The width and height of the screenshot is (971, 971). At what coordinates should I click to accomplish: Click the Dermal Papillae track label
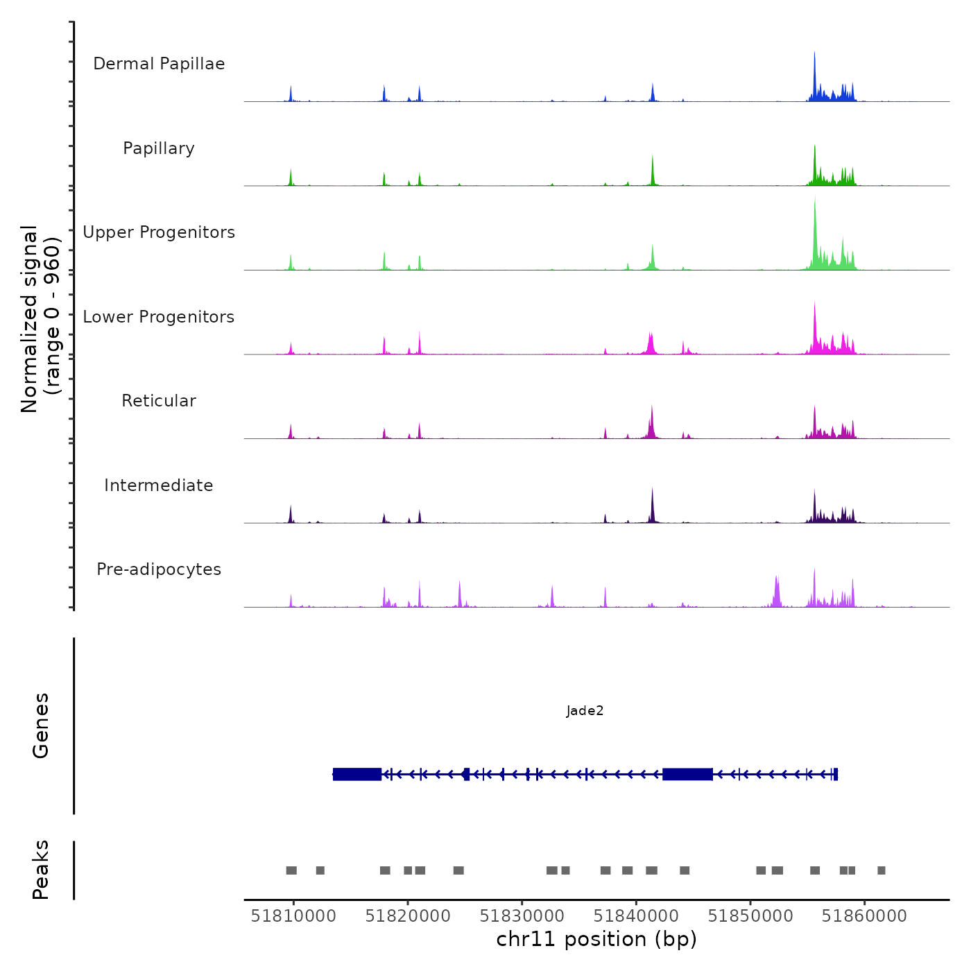(x=159, y=64)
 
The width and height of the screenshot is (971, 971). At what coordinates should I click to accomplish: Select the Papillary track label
(x=159, y=148)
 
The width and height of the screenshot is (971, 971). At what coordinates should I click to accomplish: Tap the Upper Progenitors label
(x=159, y=232)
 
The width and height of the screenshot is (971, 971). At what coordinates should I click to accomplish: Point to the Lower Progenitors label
(x=159, y=317)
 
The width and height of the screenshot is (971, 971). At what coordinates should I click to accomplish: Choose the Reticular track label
(x=159, y=401)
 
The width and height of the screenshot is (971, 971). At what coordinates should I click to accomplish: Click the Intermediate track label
(x=159, y=486)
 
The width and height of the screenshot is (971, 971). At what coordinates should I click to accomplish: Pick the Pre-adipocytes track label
(x=159, y=569)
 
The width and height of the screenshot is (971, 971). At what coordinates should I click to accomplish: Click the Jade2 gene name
(x=585, y=711)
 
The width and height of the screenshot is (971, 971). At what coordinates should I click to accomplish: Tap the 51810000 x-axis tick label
(x=293, y=916)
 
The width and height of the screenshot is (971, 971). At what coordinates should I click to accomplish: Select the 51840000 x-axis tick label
(x=636, y=916)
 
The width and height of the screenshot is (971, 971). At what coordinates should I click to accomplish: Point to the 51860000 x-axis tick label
(x=864, y=916)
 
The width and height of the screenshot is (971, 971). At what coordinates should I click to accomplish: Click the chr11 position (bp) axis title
(x=596, y=939)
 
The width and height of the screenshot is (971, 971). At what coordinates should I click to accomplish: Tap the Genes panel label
(x=41, y=725)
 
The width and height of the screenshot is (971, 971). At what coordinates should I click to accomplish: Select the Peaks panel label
(x=41, y=870)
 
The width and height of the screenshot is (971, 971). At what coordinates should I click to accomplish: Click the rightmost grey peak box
(x=881, y=870)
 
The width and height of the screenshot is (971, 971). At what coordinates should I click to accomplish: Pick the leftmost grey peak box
(x=291, y=870)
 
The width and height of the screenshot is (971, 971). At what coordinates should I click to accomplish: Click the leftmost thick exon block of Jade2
(x=357, y=774)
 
